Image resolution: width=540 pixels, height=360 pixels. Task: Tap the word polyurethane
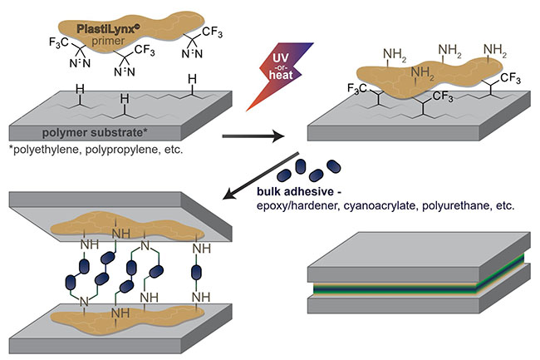[x=470, y=208]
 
